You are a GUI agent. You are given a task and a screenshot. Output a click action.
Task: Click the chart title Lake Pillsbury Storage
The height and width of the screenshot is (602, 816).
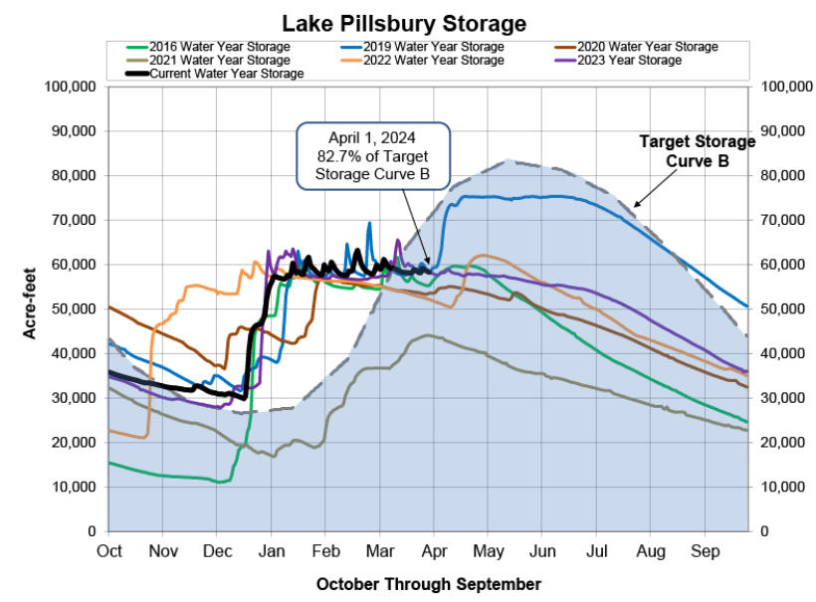coord(404,22)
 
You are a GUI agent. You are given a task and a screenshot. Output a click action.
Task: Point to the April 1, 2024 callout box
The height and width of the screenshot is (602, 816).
coord(374,155)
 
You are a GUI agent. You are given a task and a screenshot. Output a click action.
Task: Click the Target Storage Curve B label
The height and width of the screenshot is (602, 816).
coord(697,150)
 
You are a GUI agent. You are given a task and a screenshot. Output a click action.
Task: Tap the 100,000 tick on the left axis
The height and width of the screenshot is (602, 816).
coord(71,87)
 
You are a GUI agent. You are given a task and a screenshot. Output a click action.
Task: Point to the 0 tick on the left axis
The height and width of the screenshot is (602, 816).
coord(91,531)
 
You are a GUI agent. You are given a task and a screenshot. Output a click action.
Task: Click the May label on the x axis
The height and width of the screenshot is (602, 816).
coord(488,550)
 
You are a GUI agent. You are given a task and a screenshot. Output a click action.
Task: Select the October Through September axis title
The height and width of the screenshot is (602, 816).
coord(429,583)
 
